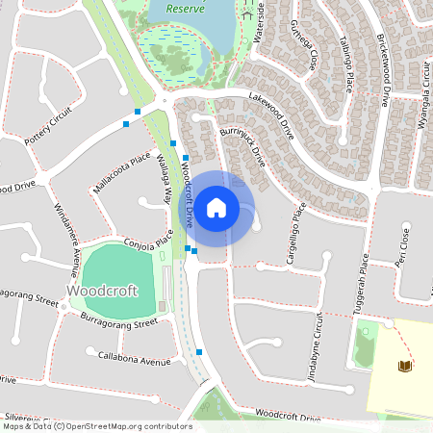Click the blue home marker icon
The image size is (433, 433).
(x=216, y=207)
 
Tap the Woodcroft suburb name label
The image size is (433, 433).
(x=97, y=290)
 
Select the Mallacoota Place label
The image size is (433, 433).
(x=122, y=172)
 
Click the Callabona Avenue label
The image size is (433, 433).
(x=135, y=357)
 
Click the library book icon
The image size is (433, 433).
(x=405, y=366)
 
